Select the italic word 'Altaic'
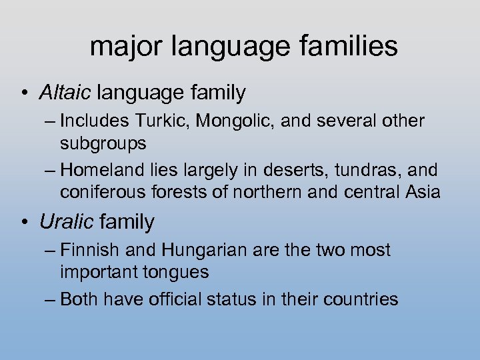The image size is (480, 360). (67, 93)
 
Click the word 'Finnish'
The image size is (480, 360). (87, 251)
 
